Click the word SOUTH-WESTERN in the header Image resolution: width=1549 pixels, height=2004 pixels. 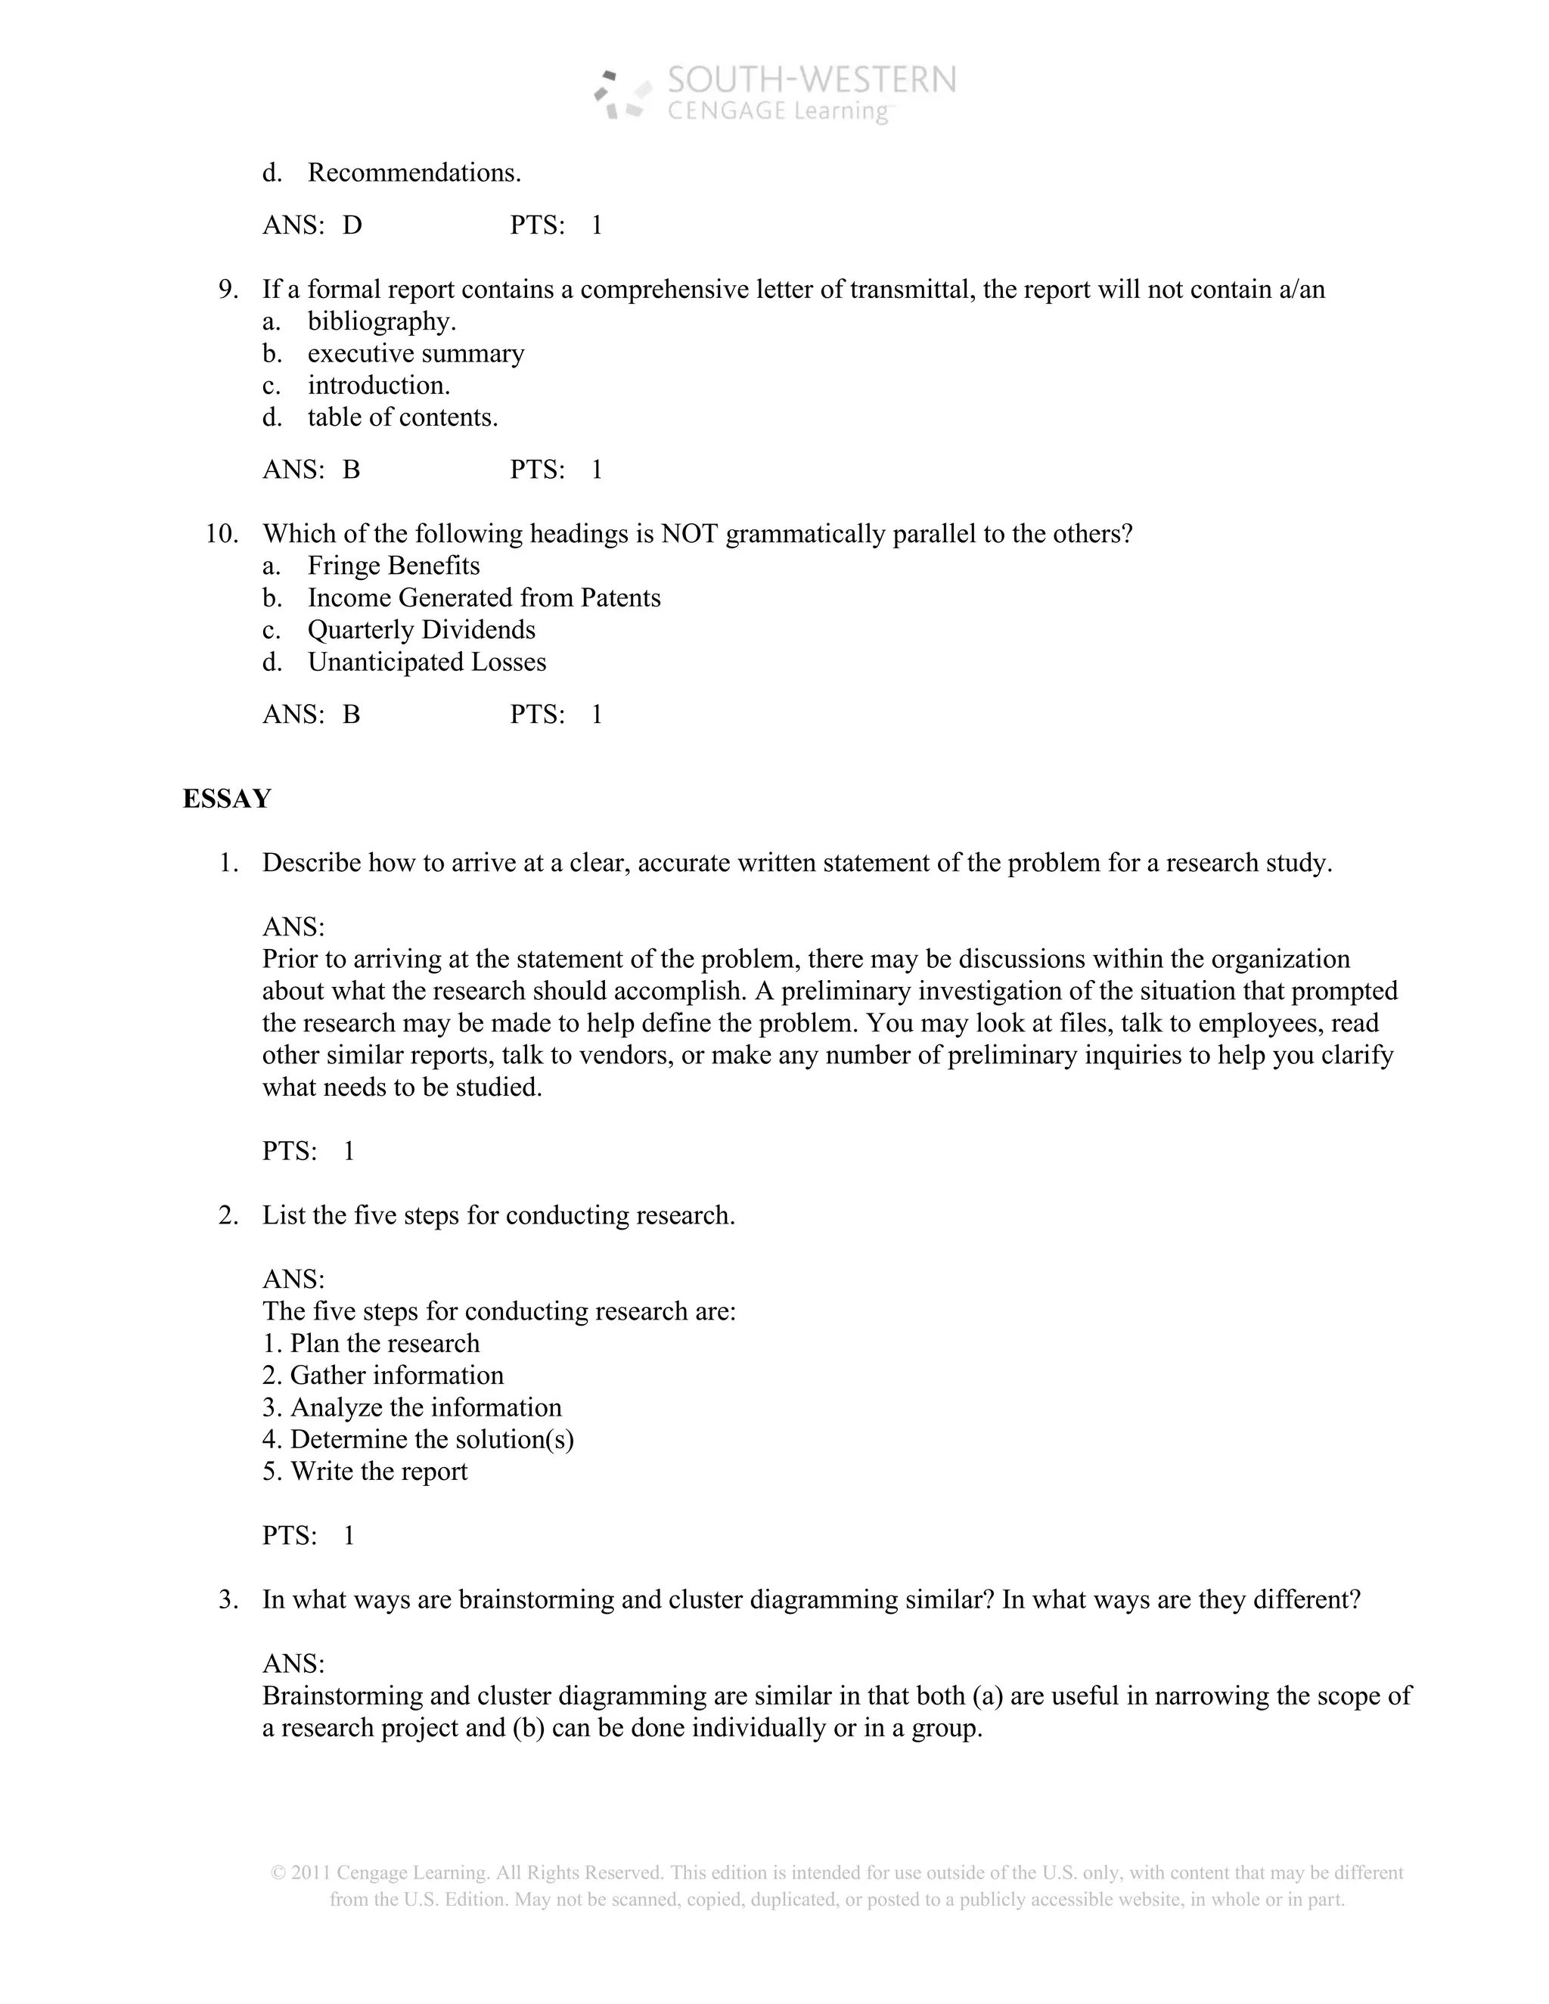pyautogui.click(x=812, y=81)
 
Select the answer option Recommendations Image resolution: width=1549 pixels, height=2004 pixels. pyautogui.click(x=414, y=172)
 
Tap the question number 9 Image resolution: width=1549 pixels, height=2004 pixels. pyautogui.click(x=228, y=290)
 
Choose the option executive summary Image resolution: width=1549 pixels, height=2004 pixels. pyautogui.click(x=416, y=354)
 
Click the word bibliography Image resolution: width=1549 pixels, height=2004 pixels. pyautogui.click(x=381, y=322)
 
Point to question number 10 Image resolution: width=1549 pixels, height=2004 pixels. pyautogui.click(x=221, y=534)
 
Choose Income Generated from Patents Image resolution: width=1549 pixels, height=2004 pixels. pyautogui.click(x=483, y=598)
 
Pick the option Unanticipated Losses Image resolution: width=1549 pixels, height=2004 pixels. pyautogui.click(x=427, y=662)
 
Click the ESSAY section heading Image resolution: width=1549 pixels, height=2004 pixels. pyautogui.click(x=227, y=799)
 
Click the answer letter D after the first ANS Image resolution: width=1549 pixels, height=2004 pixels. pyautogui.click(x=352, y=225)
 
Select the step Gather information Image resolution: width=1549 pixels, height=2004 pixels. pyautogui.click(x=396, y=1376)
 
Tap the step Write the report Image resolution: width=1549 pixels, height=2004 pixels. pyautogui.click(x=378, y=1472)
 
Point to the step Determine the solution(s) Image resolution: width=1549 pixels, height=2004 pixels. pyautogui.click(x=431, y=1440)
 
